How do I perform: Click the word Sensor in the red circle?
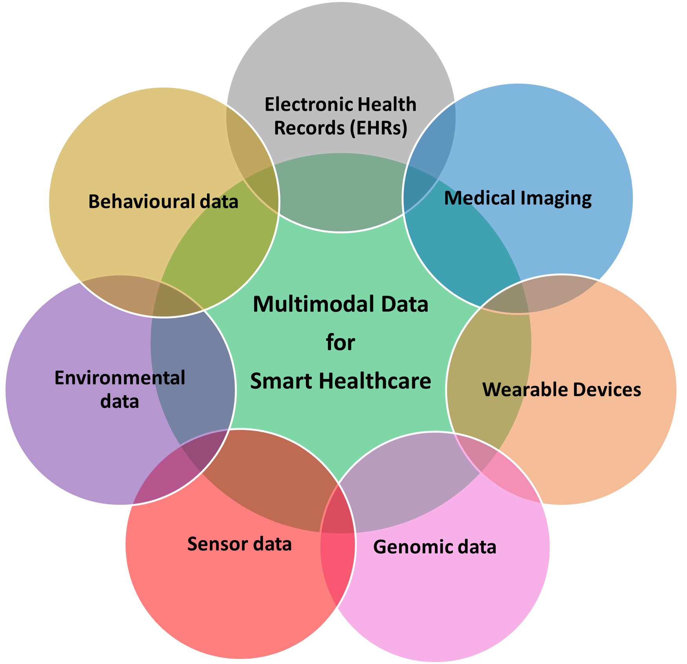tap(217, 544)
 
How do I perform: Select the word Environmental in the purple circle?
tap(120, 378)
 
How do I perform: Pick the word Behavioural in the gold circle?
tap(142, 202)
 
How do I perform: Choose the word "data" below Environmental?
tap(120, 402)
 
